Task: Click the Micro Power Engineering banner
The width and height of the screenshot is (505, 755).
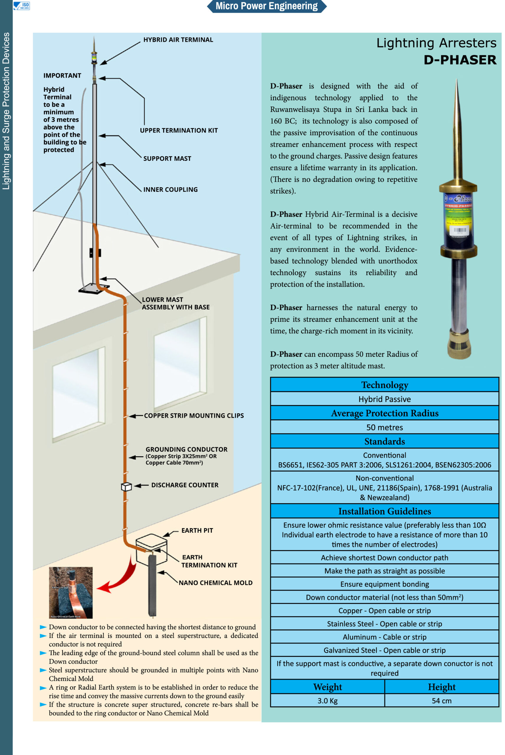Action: click(266, 6)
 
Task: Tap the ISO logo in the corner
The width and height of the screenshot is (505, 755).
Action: click(22, 6)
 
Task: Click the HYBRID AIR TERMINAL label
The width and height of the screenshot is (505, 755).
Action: click(178, 40)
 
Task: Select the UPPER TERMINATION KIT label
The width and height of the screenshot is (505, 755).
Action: click(179, 130)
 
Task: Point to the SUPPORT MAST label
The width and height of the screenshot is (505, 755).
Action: click(167, 158)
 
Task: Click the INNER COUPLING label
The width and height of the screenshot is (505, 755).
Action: click(170, 190)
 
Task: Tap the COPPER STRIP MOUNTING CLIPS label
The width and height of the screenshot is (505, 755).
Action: click(194, 416)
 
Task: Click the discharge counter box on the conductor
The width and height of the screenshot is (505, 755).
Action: click(126, 487)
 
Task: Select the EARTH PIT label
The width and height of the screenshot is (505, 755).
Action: click(197, 531)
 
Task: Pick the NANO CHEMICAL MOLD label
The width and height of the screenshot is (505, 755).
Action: click(215, 583)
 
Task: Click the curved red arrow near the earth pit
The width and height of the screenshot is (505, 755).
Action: click(119, 578)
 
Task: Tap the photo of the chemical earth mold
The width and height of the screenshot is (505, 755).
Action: click(70, 592)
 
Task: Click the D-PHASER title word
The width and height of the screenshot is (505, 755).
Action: click(460, 60)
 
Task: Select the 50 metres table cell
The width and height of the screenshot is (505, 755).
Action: click(384, 428)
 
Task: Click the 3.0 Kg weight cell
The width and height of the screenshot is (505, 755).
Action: click(327, 701)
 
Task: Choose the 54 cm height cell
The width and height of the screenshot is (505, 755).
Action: click(441, 701)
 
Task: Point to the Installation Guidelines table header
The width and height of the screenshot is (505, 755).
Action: click(384, 511)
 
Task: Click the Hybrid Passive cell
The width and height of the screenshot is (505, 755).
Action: click(384, 399)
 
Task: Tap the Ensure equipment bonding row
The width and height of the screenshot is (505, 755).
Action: click(384, 584)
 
